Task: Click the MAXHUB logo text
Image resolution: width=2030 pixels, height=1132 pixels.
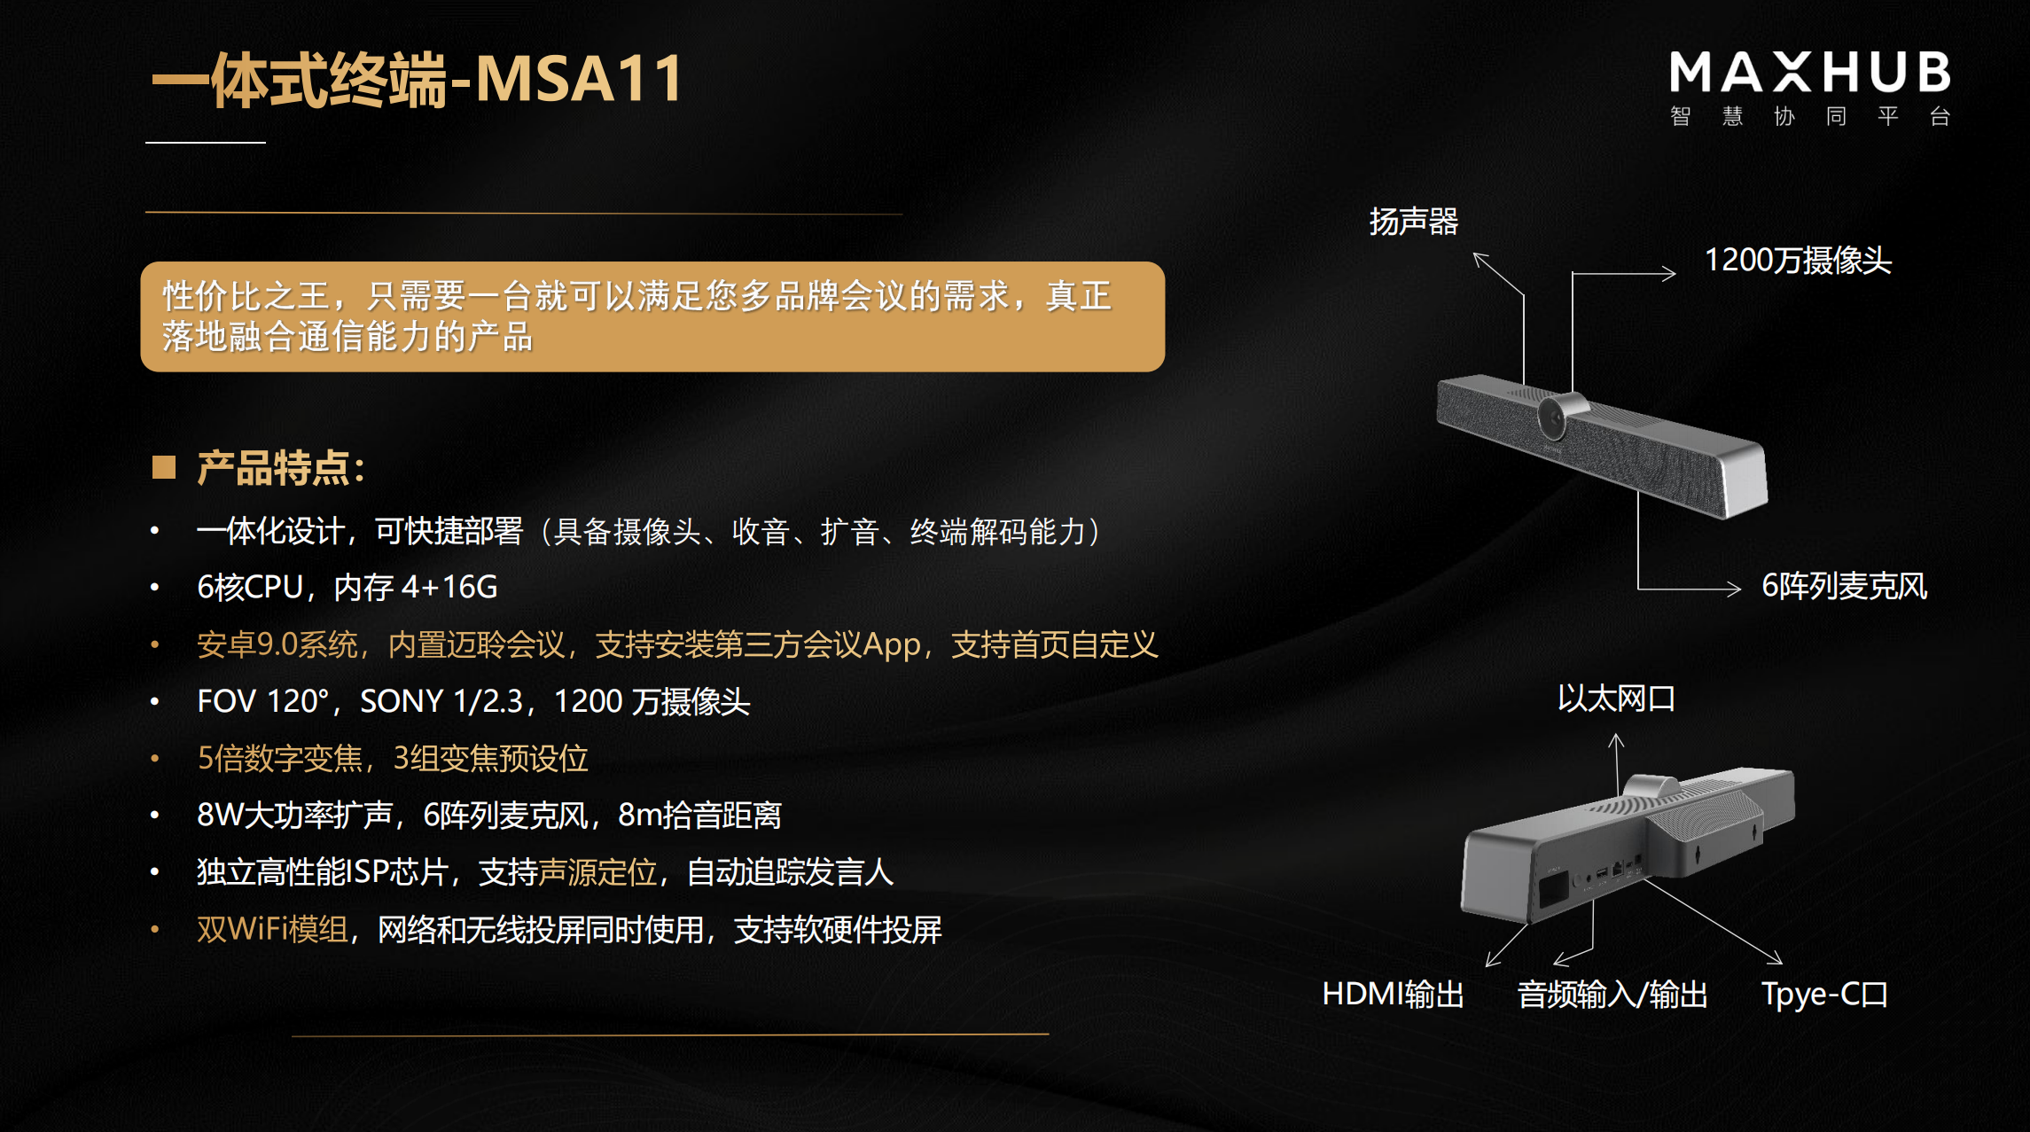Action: point(1809,73)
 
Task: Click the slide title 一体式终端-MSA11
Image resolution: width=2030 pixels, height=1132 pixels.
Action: point(417,80)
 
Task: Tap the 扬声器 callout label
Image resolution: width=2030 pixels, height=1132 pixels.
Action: point(1413,222)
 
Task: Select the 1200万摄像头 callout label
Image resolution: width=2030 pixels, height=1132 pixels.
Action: point(1797,261)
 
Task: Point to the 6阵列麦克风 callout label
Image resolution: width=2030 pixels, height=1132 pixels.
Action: point(1844,586)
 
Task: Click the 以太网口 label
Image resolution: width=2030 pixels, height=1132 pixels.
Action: point(1616,699)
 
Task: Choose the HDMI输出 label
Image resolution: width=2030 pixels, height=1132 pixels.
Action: point(1393,995)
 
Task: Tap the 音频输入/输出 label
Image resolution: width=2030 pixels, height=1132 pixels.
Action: point(1612,995)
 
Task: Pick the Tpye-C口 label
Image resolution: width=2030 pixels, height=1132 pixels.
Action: point(1823,995)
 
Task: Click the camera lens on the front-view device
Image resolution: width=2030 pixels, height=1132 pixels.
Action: point(1553,417)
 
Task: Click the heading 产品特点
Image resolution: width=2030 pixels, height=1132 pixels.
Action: point(280,468)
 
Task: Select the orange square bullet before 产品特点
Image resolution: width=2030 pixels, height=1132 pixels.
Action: point(164,467)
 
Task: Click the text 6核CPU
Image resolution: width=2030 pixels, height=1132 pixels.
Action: point(250,587)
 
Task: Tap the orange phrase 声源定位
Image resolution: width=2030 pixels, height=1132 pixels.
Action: point(597,872)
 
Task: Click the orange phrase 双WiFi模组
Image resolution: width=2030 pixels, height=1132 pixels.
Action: point(272,929)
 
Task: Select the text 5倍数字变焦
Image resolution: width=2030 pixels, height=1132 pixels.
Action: point(280,759)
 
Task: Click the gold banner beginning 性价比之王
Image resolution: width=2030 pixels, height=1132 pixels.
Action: point(652,316)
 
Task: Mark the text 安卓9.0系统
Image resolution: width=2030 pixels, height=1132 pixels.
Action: point(277,644)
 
